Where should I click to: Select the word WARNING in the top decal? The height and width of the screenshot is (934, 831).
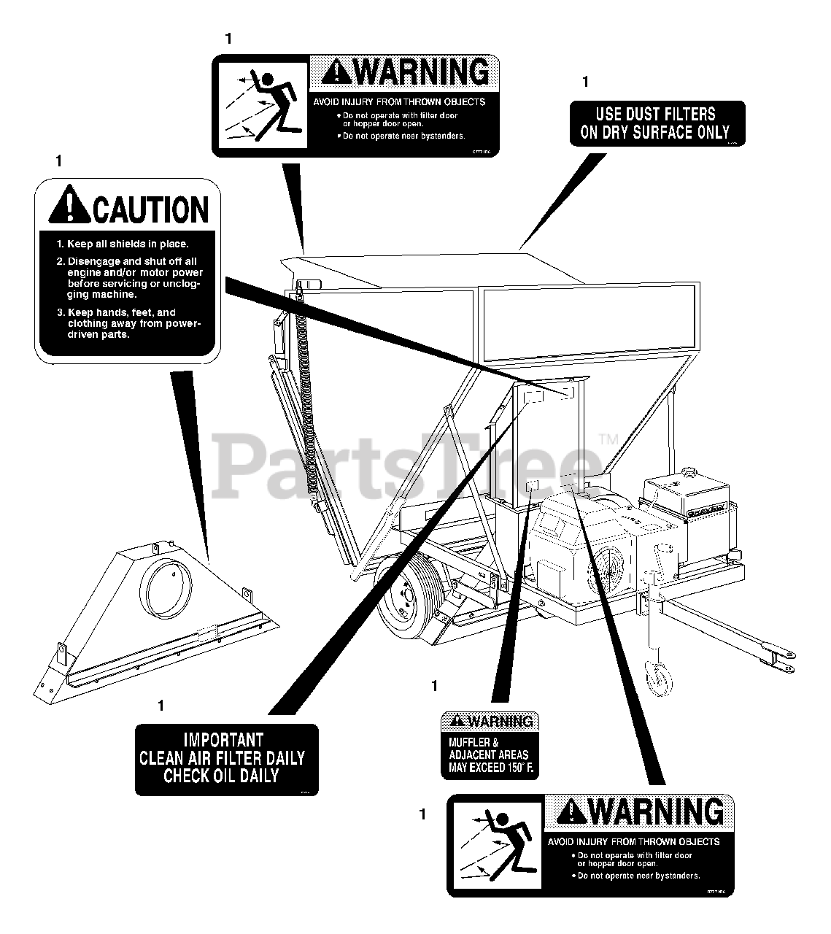[423, 72]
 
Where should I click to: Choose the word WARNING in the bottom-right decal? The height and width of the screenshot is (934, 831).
[658, 812]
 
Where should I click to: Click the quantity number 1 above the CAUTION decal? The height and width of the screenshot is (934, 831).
[58, 161]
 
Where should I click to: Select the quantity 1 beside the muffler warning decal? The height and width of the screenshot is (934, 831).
[435, 686]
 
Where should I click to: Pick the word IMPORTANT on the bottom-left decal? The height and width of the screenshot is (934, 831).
[223, 740]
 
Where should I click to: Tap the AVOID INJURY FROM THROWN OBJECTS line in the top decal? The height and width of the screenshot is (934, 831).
[399, 102]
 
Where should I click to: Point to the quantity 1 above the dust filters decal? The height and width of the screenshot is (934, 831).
[585, 82]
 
